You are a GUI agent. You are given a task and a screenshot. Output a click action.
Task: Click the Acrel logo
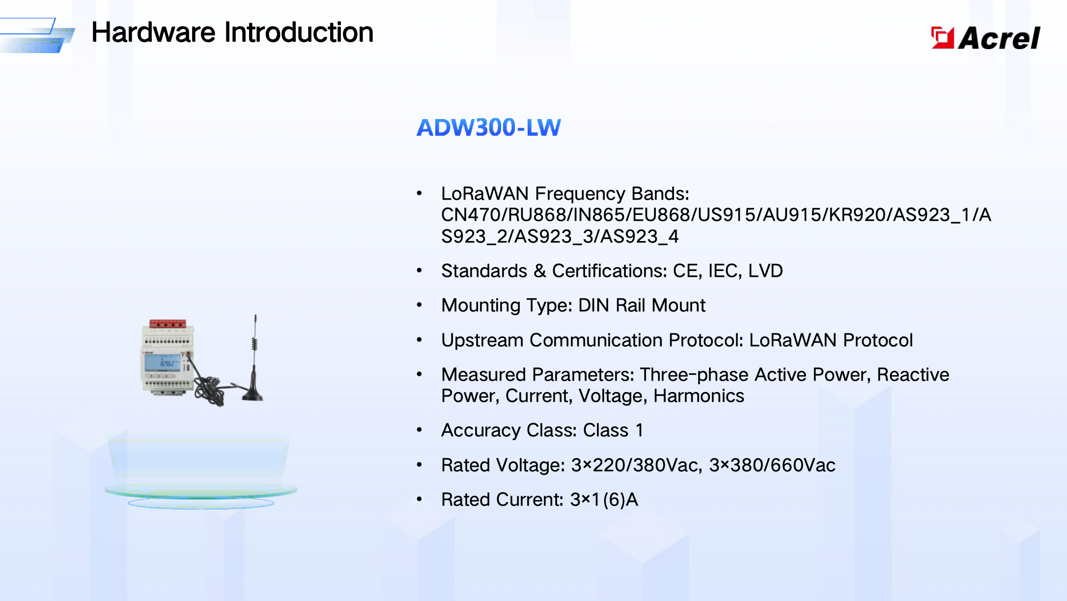985,37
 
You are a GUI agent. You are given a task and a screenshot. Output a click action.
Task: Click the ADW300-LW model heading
488,127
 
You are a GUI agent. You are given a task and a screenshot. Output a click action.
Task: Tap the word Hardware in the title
153,32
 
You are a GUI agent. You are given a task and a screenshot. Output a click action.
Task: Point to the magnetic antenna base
253,394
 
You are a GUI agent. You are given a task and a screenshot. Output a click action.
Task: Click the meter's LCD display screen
162,363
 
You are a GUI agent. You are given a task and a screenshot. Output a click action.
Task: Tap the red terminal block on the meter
168,324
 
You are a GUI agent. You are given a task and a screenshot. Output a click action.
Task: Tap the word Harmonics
699,396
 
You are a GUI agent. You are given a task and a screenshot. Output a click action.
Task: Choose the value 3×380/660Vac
772,465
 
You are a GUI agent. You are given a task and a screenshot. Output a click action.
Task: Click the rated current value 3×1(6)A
604,500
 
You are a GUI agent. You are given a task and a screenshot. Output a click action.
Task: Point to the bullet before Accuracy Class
419,430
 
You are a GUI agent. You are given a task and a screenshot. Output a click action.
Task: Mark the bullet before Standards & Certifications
419,270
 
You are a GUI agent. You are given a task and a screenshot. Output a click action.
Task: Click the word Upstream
482,340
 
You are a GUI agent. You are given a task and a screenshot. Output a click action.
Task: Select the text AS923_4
639,237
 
